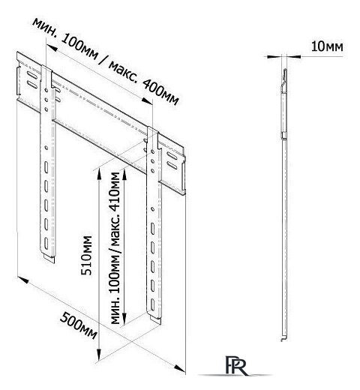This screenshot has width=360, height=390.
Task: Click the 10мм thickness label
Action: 327,46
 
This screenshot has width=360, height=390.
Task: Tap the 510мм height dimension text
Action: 87,255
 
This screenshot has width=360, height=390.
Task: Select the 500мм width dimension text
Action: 78,325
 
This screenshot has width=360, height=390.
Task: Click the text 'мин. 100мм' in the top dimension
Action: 65,39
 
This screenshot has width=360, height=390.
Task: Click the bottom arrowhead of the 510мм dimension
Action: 99,353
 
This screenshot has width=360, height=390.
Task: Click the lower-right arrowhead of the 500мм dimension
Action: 180,368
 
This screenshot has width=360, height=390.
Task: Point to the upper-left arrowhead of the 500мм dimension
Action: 23,279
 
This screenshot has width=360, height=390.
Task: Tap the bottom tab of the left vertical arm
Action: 49,258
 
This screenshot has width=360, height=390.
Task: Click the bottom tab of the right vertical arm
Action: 155,319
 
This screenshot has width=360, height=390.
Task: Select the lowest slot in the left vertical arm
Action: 46,243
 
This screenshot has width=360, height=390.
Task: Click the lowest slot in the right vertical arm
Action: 152,304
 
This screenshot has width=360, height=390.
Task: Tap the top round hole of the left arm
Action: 46,89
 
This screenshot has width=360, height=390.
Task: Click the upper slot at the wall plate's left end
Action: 31,75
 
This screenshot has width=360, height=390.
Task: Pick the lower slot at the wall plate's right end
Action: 172,165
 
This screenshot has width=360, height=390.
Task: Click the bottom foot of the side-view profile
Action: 283,338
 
